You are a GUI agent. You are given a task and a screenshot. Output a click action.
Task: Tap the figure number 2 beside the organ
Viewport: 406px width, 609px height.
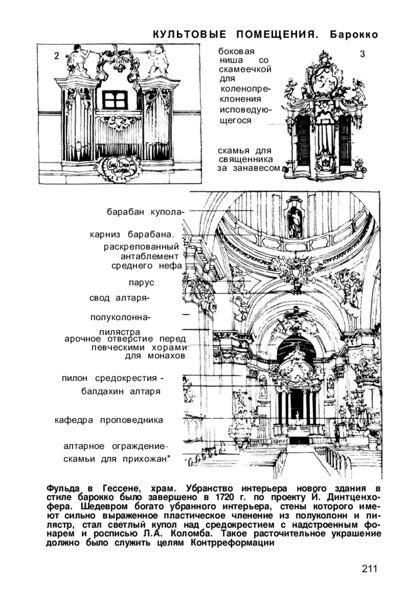57,56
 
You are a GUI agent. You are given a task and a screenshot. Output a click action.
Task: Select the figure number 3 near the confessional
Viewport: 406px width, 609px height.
362,54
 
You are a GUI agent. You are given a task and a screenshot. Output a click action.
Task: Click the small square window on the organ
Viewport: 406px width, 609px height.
115,99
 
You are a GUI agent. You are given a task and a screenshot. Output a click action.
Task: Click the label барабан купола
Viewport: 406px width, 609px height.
144,212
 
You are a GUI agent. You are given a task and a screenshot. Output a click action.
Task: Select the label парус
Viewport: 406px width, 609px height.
141,283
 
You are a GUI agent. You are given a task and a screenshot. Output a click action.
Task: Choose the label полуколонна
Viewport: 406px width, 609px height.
120,318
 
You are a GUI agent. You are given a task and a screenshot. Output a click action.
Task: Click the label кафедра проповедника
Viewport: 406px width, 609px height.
109,420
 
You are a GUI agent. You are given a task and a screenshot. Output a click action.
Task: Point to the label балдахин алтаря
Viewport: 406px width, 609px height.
121,391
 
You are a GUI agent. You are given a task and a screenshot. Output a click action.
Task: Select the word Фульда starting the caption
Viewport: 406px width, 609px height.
63,489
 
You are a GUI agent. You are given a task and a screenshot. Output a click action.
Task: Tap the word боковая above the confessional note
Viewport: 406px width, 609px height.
236,51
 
